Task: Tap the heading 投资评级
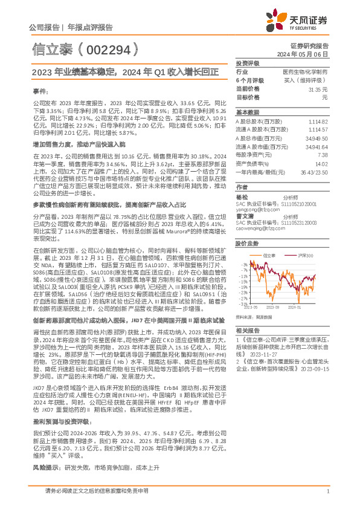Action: tap(247, 63)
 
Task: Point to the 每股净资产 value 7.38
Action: tap(322, 155)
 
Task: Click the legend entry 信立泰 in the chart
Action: tap(271, 256)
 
